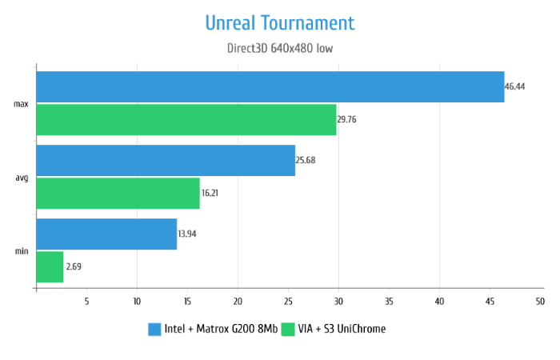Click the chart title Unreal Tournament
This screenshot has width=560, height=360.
pos(280,22)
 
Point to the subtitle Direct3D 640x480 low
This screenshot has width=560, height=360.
pos(280,48)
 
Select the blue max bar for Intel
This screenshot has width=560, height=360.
pos(270,86)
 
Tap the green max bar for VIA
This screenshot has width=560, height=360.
pos(186,119)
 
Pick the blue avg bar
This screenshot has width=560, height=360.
pos(166,160)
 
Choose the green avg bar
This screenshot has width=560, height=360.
pos(118,193)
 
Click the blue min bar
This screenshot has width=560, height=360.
pos(106,234)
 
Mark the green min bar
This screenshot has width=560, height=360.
pos(50,266)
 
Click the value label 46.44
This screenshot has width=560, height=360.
pos(514,86)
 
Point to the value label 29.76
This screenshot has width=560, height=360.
pos(347,119)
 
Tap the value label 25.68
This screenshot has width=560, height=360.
pos(306,160)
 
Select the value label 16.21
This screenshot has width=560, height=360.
pos(210,193)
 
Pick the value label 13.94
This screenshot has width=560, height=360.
pos(188,234)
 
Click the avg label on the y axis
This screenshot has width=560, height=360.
pos(22,178)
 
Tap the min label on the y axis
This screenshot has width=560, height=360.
pos(22,251)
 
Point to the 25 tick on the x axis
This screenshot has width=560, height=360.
pos(288,302)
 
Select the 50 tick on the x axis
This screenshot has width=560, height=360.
pos(540,302)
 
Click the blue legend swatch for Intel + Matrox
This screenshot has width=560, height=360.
pos(155,329)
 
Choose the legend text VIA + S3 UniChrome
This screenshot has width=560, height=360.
pos(341,329)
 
